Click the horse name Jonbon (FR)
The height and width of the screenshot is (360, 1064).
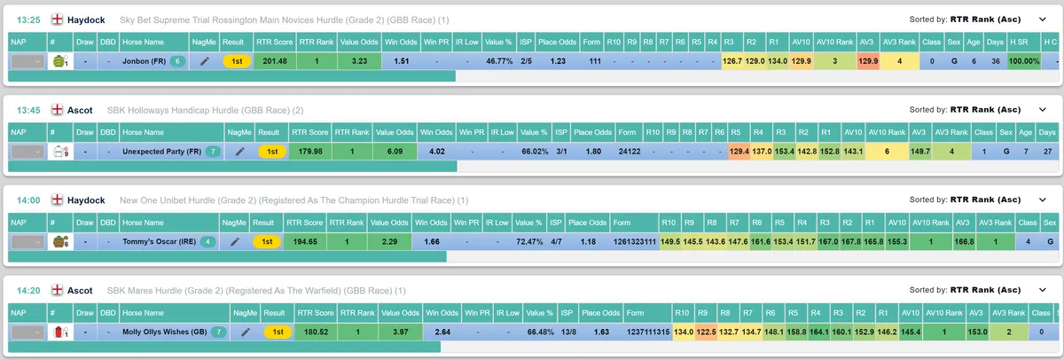144,61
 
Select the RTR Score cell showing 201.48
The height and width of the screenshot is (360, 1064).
275,61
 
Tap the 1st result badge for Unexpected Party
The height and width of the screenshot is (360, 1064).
272,152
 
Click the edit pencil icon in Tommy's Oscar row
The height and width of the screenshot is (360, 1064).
235,242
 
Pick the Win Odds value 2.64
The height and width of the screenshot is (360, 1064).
442,332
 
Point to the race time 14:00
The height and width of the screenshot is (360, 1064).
28,200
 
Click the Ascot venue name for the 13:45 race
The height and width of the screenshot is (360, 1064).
80,110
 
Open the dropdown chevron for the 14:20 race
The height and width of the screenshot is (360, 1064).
1042,290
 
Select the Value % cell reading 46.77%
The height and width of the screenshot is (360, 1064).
499,61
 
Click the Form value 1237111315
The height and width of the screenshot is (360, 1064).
648,332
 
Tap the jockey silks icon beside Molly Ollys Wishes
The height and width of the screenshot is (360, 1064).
60,332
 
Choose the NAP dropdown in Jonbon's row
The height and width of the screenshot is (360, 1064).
28,61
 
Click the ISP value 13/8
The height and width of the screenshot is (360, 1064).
568,332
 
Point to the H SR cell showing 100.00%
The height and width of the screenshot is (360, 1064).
1023,61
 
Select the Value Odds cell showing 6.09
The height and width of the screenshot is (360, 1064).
395,152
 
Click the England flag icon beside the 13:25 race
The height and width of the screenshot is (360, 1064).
57,20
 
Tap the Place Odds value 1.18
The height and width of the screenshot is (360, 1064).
588,242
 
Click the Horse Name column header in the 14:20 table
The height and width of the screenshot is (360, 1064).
143,313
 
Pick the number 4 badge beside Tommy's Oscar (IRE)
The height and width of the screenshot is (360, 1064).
207,242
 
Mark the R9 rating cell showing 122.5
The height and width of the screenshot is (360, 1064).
706,332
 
